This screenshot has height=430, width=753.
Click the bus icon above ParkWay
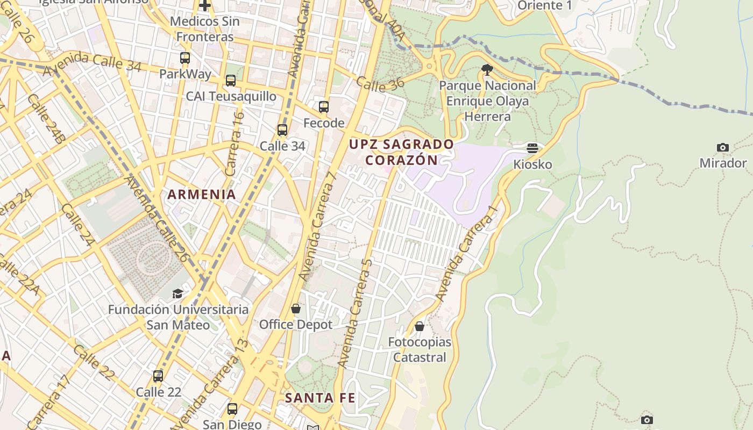coord(185,58)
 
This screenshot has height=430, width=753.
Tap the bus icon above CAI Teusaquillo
coord(231,81)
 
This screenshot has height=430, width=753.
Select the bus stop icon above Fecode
coord(323,106)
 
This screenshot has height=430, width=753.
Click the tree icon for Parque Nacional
coord(487,69)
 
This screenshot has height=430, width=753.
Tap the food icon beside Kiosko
coord(532,148)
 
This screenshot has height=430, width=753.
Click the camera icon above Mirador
coord(723,147)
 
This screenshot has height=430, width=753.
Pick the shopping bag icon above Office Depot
coord(295,309)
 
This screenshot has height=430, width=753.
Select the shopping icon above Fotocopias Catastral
coord(420,326)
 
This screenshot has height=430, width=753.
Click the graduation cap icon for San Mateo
coord(177,293)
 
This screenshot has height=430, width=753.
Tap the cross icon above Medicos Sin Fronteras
coord(205,6)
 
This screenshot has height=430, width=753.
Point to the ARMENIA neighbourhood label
coord(202,194)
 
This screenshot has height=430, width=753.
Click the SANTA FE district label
coord(320,398)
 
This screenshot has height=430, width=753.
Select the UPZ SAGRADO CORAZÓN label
coord(401,152)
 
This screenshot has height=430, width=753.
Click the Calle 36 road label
coord(380,84)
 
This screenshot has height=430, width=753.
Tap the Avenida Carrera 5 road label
coord(355,313)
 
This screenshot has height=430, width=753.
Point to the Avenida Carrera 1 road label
coord(465,257)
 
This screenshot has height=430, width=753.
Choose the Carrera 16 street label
coord(235,144)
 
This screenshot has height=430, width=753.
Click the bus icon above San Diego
coord(232,409)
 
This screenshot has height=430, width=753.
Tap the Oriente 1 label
coord(544,5)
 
